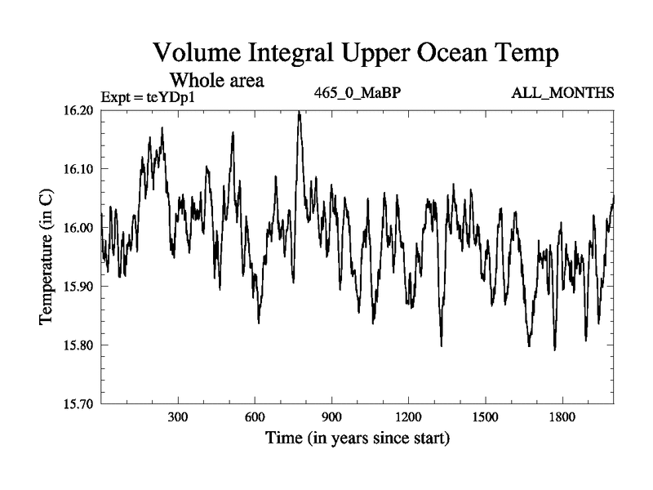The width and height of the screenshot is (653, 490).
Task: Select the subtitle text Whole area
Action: (215, 81)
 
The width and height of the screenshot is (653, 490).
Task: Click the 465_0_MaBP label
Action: (357, 91)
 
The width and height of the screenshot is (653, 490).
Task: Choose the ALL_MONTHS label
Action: (562, 91)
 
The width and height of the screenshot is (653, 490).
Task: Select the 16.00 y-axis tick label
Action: (79, 228)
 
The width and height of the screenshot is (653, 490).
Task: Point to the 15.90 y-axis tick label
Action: (79, 287)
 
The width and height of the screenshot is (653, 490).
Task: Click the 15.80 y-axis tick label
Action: (79, 345)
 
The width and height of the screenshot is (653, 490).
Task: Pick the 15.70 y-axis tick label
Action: (79, 403)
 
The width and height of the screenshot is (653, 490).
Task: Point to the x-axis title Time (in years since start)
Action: (357, 439)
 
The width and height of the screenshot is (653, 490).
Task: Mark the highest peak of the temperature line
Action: (300, 114)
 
